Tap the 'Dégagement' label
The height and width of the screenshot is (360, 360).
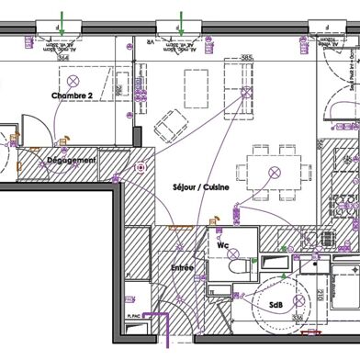71,161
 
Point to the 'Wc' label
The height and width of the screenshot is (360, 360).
222,246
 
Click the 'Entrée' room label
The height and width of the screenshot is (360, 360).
182,267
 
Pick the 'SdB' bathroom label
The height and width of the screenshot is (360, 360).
276,304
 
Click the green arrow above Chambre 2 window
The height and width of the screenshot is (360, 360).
62,19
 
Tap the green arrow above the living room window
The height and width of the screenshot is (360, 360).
182,19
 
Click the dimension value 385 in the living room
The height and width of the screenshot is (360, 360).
245,58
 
